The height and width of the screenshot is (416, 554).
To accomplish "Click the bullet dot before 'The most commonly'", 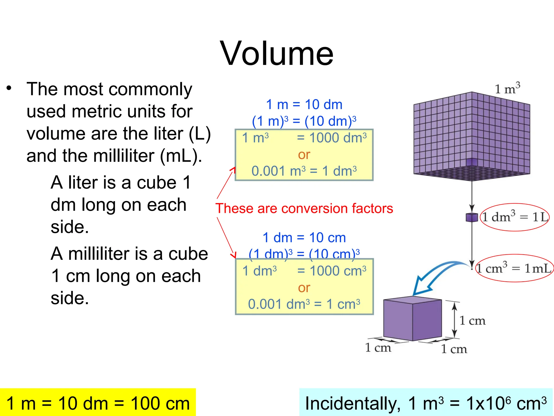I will coord(9,88).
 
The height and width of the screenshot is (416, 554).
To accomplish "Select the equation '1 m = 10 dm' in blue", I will coord(304,105).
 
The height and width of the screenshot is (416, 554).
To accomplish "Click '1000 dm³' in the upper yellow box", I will coord(338,138).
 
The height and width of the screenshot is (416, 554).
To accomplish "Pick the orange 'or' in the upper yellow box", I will coord(304,155).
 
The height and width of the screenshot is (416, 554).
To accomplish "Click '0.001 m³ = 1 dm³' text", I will coord(304,171).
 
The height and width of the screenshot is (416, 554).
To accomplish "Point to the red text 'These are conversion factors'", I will coord(304,209).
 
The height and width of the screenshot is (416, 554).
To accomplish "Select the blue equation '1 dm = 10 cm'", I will coord(304,238).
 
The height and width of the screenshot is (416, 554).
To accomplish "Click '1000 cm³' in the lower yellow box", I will coord(338,271).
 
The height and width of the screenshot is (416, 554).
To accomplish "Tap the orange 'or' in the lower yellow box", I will coord(304,288).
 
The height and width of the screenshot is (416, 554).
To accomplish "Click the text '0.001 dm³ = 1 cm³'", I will coord(304,304).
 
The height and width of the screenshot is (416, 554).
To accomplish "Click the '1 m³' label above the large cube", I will coord(507,89).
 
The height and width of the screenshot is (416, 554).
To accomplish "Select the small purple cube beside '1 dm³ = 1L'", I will coord(472,217).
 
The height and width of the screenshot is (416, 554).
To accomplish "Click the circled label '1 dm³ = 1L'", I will coord(515,217).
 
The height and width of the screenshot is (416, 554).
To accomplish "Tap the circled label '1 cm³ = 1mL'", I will coord(514,268).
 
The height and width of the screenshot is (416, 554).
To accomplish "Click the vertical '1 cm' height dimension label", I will coord(472,321).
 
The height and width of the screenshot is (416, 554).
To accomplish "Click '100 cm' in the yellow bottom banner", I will coord(160,404).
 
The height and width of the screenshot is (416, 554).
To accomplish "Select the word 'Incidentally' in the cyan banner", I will coord(352,404).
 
